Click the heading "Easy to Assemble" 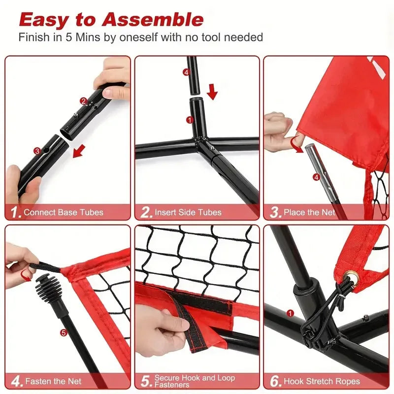(111, 20)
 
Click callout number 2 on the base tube (84, 101)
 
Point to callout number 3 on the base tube (37, 151)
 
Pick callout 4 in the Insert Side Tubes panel (186, 72)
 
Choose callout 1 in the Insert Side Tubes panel (189, 119)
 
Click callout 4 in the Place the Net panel (316, 177)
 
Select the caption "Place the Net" (309, 213)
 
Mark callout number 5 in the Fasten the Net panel (63, 332)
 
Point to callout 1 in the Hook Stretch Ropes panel (290, 313)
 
